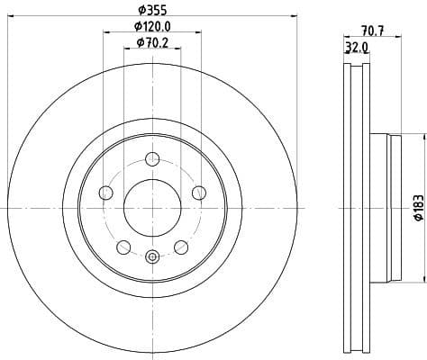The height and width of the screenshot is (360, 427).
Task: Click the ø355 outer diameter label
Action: (x=150, y=11)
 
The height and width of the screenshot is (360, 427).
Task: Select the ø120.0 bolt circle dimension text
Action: (x=150, y=26)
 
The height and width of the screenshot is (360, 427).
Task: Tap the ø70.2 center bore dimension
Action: (x=151, y=42)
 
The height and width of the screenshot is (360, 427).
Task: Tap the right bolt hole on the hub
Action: (x=197, y=191)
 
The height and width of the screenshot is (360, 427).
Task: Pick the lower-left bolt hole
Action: (x=123, y=247)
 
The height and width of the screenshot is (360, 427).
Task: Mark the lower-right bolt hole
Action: (x=180, y=247)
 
